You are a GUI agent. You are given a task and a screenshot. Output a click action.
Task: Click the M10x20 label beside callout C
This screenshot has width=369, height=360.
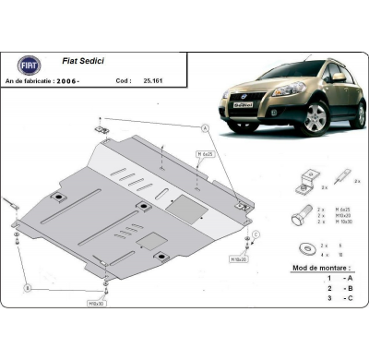pos(251,259)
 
